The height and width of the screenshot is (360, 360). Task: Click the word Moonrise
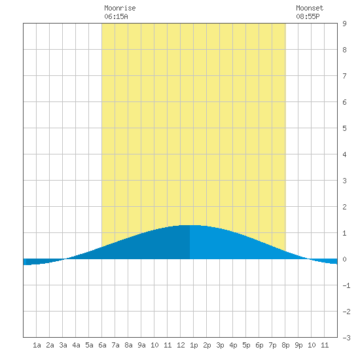tap(120, 8)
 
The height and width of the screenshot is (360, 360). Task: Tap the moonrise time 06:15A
tap(116, 16)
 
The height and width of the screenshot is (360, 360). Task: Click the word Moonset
tap(310, 8)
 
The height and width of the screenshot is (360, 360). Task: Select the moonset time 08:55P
tap(308, 16)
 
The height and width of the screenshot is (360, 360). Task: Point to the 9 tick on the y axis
tap(344, 24)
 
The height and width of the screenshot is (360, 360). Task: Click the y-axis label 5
tap(344, 128)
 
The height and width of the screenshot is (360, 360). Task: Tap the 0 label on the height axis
tap(344, 259)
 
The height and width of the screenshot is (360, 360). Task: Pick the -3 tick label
tap(346, 338)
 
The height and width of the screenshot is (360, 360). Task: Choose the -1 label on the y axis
tap(346, 285)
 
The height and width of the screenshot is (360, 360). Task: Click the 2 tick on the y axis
tap(344, 207)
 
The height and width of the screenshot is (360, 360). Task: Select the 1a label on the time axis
tap(37, 345)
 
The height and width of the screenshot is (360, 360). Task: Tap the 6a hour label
tap(102, 345)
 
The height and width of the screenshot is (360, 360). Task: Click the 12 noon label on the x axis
tap(181, 345)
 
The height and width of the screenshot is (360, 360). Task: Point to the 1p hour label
tap(194, 345)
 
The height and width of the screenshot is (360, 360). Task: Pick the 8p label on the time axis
tap(285, 345)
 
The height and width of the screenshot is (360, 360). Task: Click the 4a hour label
tap(76, 345)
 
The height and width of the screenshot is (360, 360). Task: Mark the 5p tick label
tap(246, 345)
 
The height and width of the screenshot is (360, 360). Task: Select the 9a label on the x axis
tap(141, 345)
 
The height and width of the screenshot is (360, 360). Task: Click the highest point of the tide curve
tap(190, 225)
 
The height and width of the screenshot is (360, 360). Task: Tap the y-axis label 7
tap(344, 76)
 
